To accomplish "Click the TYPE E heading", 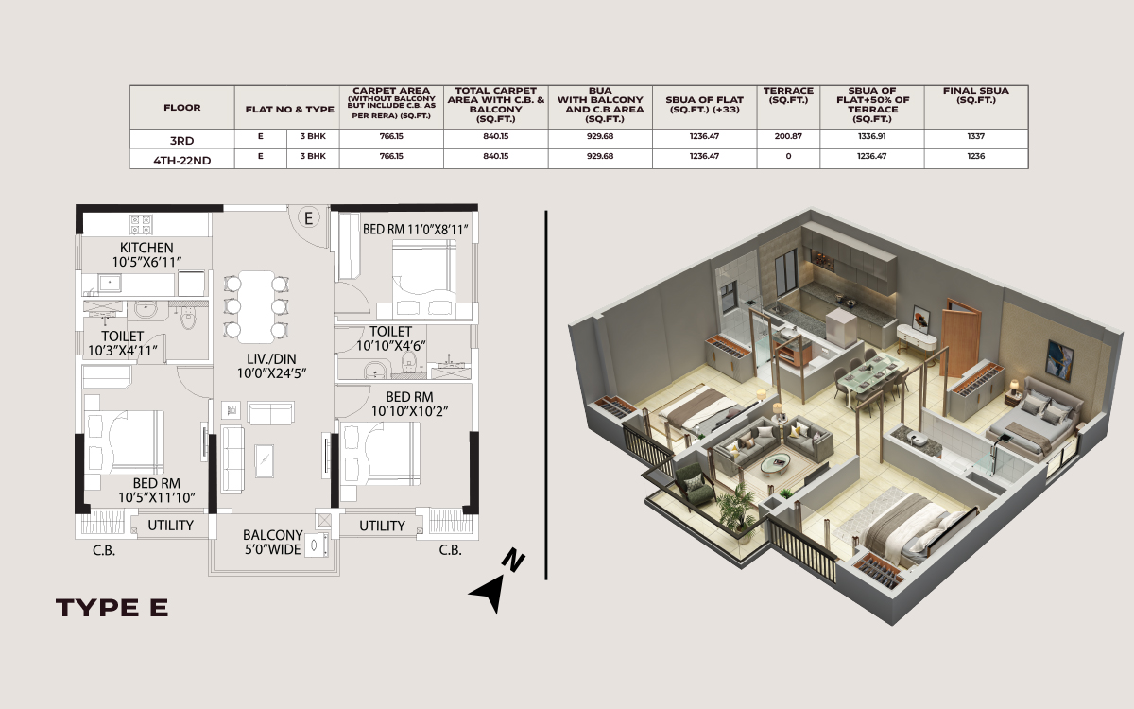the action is click(x=112, y=608).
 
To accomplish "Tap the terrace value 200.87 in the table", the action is click(x=788, y=136).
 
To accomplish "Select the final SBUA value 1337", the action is click(x=976, y=136).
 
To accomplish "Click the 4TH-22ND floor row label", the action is click(x=181, y=161).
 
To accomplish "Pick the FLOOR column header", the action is click(x=181, y=108).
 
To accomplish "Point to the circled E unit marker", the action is click(x=308, y=218).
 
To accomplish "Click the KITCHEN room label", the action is click(x=146, y=248).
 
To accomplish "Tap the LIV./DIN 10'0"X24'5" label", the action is click(x=271, y=366).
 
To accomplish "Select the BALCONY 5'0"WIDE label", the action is click(x=272, y=543).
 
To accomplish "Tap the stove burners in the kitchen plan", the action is click(x=141, y=225).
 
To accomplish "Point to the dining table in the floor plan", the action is click(x=256, y=306).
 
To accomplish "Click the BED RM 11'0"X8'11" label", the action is click(x=415, y=230).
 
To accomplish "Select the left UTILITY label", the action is click(x=171, y=526).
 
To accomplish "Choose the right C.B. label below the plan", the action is click(x=450, y=550).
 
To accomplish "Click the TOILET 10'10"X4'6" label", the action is click(x=391, y=338).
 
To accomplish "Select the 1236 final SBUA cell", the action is click(x=976, y=156).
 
